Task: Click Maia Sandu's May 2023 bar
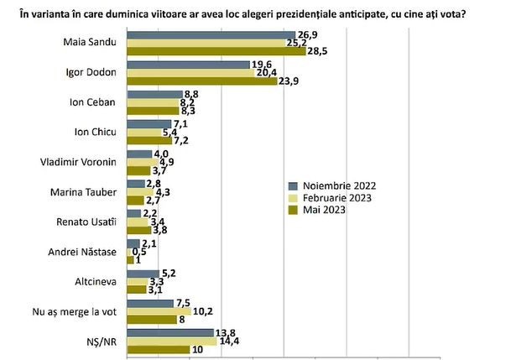(216, 51)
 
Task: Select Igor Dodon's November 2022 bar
(188, 65)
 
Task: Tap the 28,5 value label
(317, 51)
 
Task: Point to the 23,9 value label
(288, 81)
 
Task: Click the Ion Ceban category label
(92, 102)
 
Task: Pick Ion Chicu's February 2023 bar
(144, 133)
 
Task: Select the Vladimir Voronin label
(78, 162)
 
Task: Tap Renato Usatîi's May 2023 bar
(139, 230)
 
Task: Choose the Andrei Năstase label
(82, 252)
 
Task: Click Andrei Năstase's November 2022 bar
(133, 243)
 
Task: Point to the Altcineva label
(96, 281)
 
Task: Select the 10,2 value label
(203, 311)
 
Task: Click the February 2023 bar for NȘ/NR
(172, 342)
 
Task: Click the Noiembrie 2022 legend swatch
(294, 186)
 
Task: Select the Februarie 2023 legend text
(337, 198)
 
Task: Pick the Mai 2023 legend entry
(317, 210)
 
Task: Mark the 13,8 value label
(225, 333)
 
